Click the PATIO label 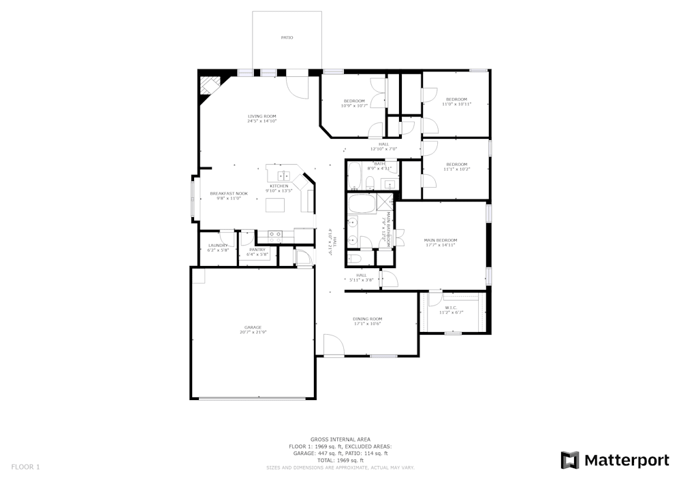tap(287, 37)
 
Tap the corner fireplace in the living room tap(208, 88)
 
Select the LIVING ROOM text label tap(262, 116)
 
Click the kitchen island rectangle tap(276, 205)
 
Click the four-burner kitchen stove tap(275, 235)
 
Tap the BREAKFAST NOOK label tap(228, 194)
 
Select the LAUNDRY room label tap(218, 246)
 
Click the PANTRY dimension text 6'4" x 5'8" tap(257, 254)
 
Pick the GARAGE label tap(253, 327)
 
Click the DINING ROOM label tap(367, 319)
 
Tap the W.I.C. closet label tap(451, 308)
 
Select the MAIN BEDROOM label tap(440, 240)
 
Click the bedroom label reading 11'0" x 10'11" tap(456, 104)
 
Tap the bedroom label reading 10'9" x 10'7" tap(354, 105)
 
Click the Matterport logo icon tap(569, 460)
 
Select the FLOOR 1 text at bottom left tap(26, 467)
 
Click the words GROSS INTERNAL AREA tap(340, 439)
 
